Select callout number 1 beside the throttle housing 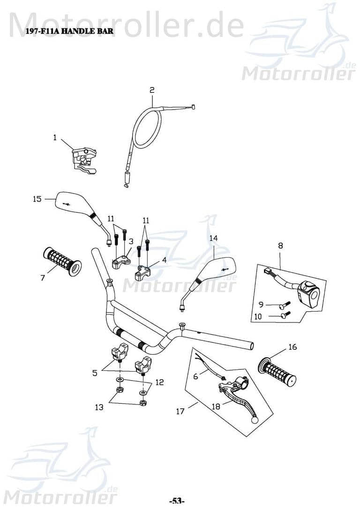coord(55,138)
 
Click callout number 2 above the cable coord(152,90)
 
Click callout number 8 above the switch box coord(280,245)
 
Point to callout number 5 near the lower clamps coord(95,374)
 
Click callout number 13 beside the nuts coord(99,407)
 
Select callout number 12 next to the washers coord(159,382)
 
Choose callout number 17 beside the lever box coord(180,412)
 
